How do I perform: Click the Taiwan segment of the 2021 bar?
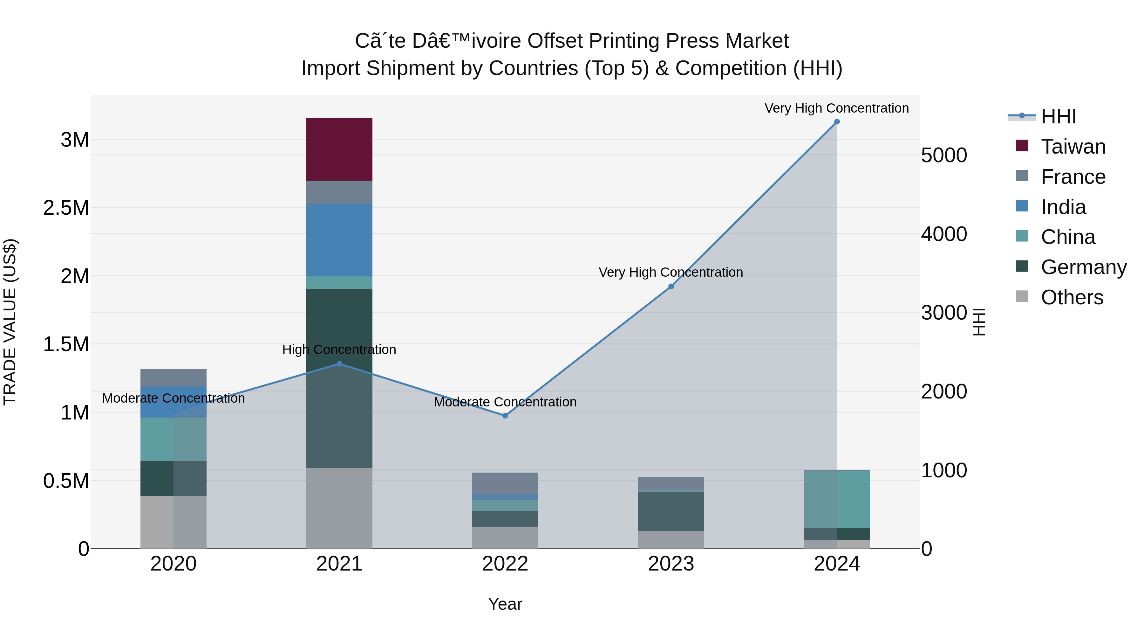point(339,149)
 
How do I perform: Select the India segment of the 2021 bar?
point(339,240)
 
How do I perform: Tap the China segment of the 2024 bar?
point(837,499)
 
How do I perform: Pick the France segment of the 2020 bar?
point(173,378)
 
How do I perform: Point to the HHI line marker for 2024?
point(837,122)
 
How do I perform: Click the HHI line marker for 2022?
point(505,416)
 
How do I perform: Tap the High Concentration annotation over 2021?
point(339,350)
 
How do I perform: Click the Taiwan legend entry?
point(1073,147)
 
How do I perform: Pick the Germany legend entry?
point(1083,267)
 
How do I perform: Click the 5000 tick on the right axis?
point(944,156)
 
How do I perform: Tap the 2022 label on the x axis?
point(505,564)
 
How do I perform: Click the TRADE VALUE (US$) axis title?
point(10,322)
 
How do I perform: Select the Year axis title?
point(505,604)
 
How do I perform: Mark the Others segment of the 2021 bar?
point(339,508)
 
